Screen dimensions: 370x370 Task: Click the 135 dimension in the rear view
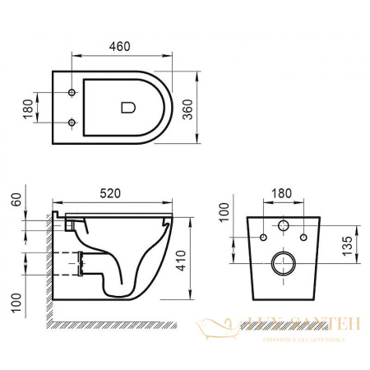click(348, 245)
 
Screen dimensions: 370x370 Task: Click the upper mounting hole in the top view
click(72, 90)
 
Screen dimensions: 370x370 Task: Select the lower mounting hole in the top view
click(72, 123)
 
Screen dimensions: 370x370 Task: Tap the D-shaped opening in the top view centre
click(127, 106)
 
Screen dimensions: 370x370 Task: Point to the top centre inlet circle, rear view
click(283, 225)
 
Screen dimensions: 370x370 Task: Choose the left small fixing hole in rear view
click(263, 238)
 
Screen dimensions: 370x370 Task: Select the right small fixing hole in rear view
click(303, 238)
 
